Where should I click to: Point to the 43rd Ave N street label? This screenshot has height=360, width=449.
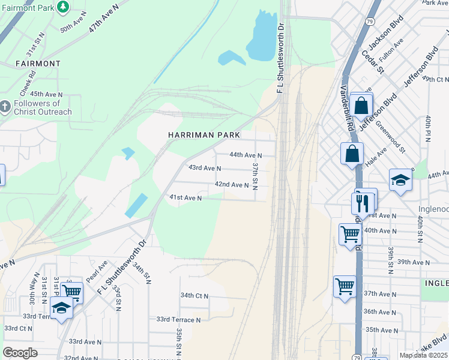pos(205,169)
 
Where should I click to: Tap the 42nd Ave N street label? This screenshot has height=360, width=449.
pos(232,185)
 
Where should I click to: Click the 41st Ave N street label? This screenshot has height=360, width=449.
pos(185,197)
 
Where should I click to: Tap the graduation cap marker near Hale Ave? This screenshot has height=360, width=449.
pos(400,180)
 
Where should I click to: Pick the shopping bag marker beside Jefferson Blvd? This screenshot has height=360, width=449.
pos(361,106)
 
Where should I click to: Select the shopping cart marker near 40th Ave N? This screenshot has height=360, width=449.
pos(349,234)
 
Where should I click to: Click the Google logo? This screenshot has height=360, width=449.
pos(20,353)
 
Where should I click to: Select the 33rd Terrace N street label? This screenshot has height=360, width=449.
pos(178,320)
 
